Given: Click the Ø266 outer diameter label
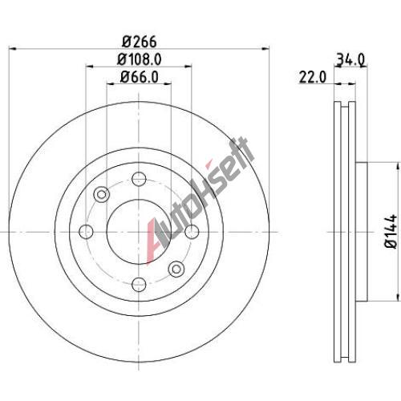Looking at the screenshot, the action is click(x=139, y=42).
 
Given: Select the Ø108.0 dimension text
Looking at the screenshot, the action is click(x=139, y=59).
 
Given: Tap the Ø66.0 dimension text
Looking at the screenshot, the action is click(x=139, y=77).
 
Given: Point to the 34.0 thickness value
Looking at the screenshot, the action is click(x=350, y=59).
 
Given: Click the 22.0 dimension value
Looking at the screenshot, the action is click(x=313, y=77).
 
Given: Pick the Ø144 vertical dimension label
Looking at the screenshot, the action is click(x=391, y=231).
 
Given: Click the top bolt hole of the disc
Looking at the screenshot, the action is click(x=139, y=179).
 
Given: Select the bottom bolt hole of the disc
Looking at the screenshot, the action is click(x=139, y=285).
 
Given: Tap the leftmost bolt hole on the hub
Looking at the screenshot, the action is click(x=86, y=232).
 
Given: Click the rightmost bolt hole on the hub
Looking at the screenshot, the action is click(x=192, y=232).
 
